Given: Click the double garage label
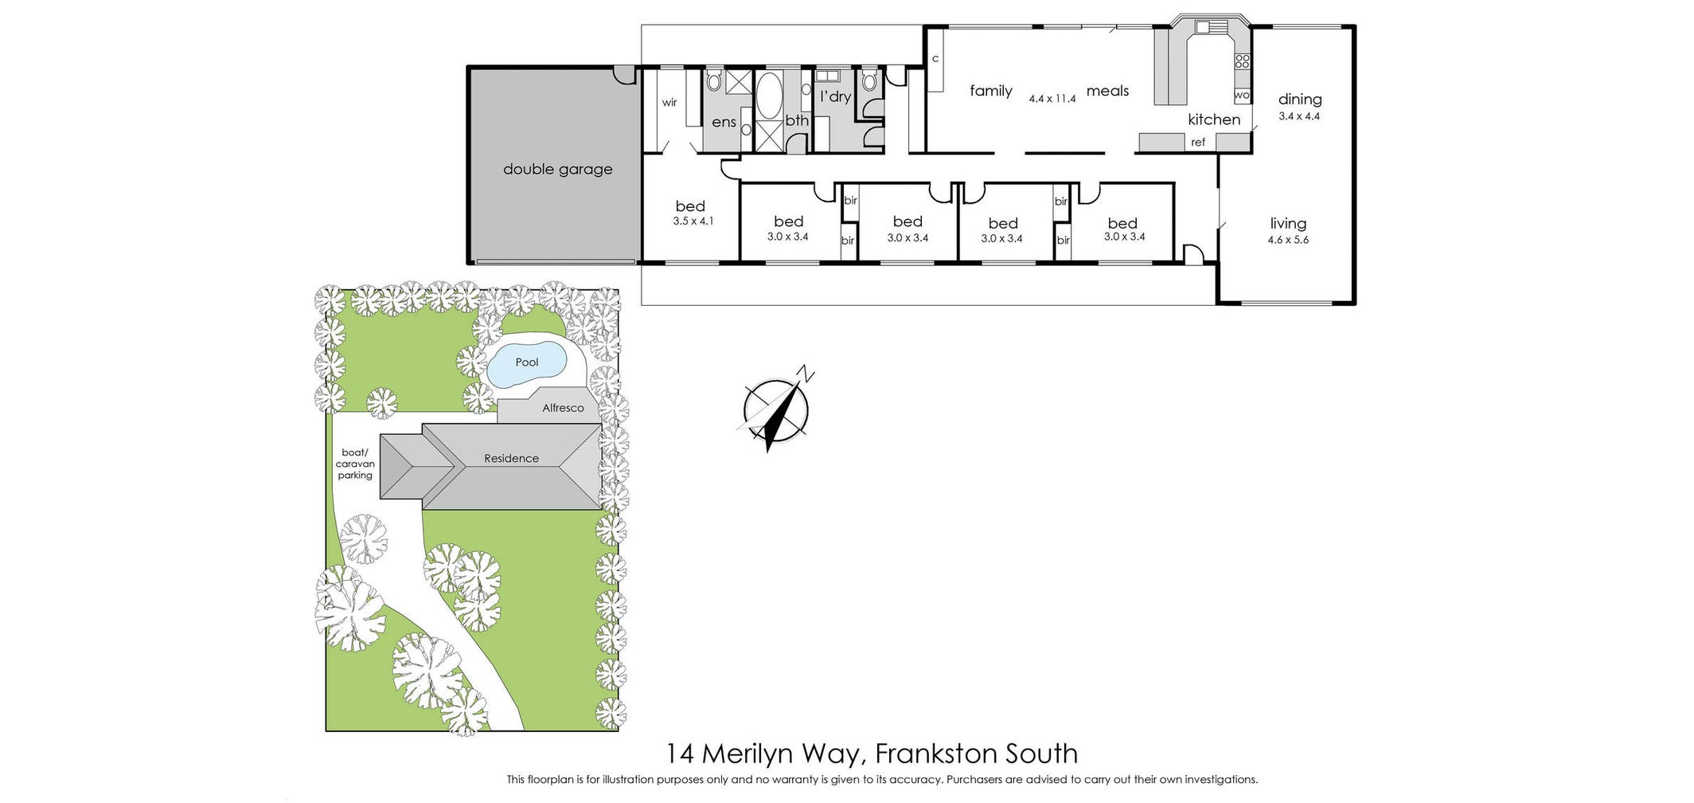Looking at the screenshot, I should click(557, 169).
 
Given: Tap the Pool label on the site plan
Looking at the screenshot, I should click(526, 362).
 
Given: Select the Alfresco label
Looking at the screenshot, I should click(563, 408).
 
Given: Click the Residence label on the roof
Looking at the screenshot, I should click(511, 458).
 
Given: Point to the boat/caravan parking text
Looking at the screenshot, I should click(354, 464).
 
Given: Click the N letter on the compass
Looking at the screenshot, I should click(806, 373).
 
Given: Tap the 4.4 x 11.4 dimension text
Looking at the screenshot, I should click(1052, 99).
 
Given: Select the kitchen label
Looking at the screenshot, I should click(1213, 119).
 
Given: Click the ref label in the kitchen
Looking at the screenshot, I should click(1198, 143).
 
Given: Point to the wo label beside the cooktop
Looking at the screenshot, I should click(1241, 95).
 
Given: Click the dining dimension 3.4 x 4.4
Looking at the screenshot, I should click(1299, 116).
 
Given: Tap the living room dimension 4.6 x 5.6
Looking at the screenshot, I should click(1287, 240).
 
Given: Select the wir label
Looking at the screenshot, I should click(669, 102).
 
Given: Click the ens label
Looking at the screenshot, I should click(724, 122).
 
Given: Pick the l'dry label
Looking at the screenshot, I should click(835, 96).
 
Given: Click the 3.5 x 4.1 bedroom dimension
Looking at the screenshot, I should click(693, 221).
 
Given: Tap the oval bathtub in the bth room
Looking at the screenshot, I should click(768, 96).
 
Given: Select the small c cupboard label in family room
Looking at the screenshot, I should click(935, 59).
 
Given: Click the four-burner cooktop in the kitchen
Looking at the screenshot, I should click(1242, 61).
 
